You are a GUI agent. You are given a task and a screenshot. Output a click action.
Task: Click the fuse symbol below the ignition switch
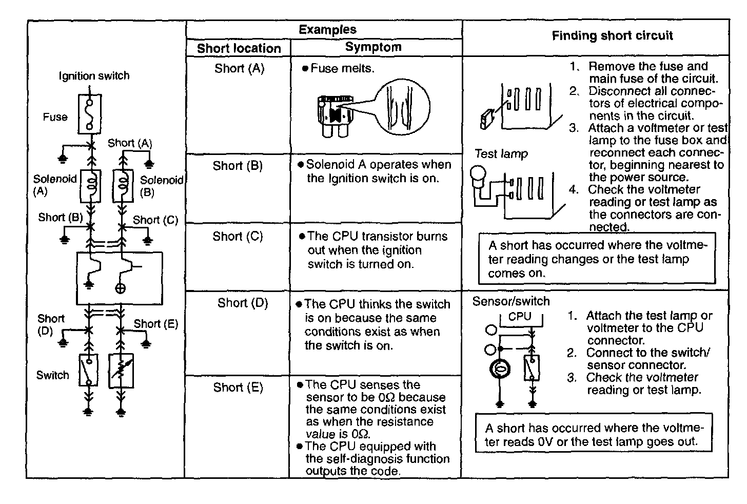(x=89, y=114)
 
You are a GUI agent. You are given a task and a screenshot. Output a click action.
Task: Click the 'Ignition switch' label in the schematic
(x=94, y=76)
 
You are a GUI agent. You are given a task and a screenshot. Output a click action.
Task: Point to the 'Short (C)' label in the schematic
(x=155, y=220)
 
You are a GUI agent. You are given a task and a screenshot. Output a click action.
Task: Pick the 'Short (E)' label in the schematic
(x=156, y=324)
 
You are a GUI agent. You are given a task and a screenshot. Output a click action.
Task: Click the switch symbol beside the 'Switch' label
(x=89, y=370)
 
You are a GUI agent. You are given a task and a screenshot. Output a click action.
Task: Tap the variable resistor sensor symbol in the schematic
(x=121, y=371)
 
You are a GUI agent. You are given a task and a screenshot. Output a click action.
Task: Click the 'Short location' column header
(x=239, y=48)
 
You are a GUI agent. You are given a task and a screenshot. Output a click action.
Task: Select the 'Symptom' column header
(x=373, y=47)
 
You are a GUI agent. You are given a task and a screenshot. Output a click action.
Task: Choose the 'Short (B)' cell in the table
(x=238, y=166)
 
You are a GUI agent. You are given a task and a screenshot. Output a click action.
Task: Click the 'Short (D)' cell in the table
(x=243, y=303)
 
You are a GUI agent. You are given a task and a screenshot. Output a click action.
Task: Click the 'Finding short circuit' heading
(x=612, y=35)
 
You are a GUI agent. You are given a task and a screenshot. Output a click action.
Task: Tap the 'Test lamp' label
(x=501, y=153)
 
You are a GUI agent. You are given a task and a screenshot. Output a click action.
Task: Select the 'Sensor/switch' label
(x=510, y=301)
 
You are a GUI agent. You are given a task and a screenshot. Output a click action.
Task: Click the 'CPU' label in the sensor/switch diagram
(x=520, y=316)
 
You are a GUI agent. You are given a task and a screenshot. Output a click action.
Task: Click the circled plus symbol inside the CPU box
(x=120, y=288)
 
